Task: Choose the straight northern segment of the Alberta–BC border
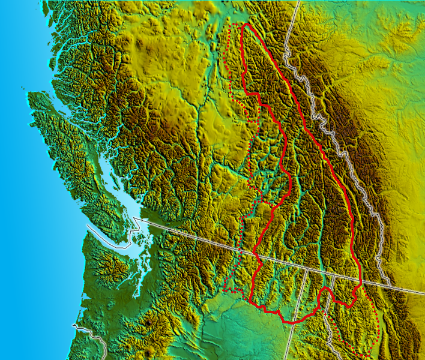click(x=292, y=27)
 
